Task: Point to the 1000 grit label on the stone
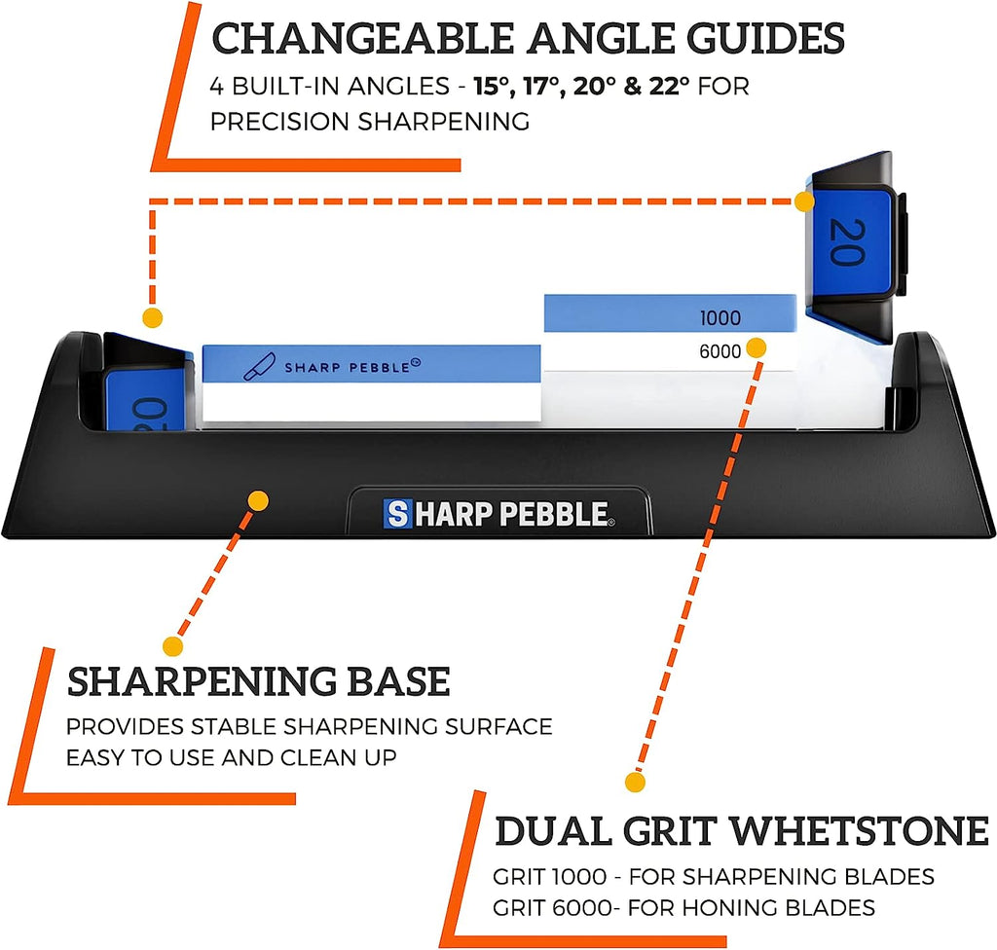[x=720, y=318]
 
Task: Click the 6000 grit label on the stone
[x=720, y=351]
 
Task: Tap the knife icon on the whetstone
[x=259, y=365]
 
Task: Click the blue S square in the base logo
[x=396, y=512]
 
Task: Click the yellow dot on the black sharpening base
[x=258, y=500]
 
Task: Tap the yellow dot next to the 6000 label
[x=757, y=347]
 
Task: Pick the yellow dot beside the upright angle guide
[x=803, y=201]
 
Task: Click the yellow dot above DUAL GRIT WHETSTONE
[x=634, y=782]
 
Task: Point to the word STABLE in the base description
[x=304, y=726]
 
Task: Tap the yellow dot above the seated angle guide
[x=151, y=317]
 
